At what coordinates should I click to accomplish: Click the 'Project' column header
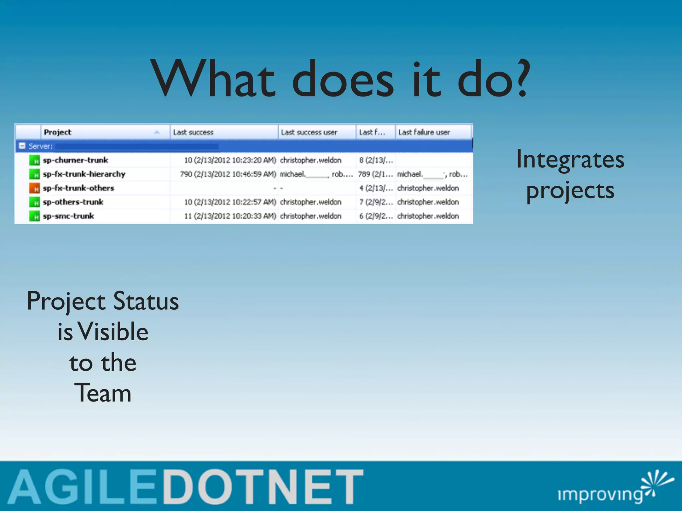coord(58,132)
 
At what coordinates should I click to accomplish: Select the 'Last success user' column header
coord(309,132)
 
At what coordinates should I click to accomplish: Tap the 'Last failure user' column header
coord(424,132)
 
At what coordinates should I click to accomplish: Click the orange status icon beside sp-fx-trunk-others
coord(34,188)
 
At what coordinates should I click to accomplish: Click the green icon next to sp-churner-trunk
coord(34,160)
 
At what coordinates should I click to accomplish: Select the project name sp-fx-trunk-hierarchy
coord(84,174)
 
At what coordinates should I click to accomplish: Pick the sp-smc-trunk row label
coord(68,216)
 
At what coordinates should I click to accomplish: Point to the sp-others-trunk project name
coord(73,202)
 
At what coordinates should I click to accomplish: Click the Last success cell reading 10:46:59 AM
coord(228,174)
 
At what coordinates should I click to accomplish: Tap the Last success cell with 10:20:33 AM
coord(230,216)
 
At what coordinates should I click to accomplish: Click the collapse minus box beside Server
coord(22,146)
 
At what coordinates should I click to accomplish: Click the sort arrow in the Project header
coord(157,132)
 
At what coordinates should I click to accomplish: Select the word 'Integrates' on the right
coord(570,160)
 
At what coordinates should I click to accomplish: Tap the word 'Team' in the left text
coord(103,393)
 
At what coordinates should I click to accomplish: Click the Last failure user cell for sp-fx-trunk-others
coord(428,188)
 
